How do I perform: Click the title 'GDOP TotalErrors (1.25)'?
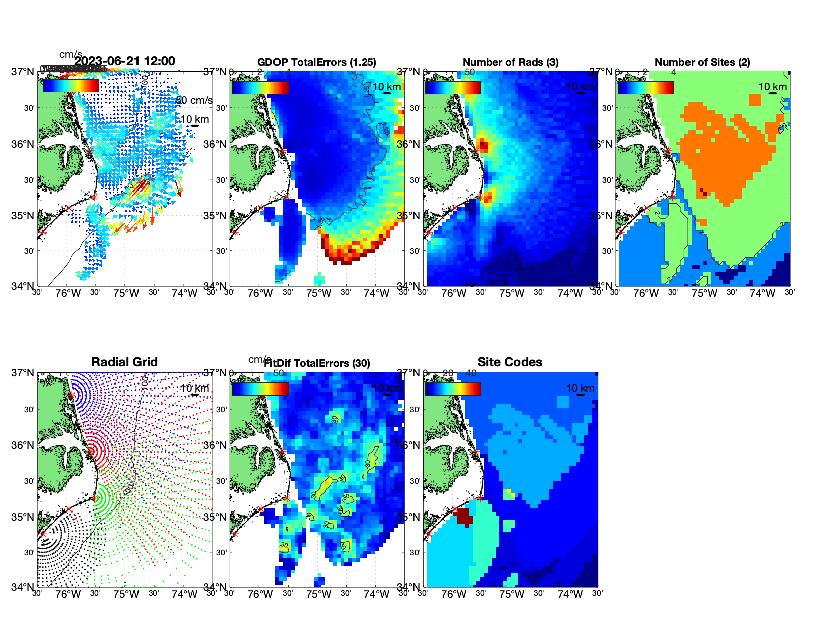click(317, 62)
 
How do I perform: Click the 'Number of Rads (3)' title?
click(510, 62)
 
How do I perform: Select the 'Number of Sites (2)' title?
click(702, 62)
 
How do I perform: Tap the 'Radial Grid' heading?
click(124, 362)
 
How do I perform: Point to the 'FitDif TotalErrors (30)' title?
click(317, 363)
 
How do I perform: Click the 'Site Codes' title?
click(510, 362)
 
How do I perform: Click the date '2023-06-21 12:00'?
click(125, 61)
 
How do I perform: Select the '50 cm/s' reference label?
click(194, 100)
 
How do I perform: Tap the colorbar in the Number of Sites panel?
click(646, 87)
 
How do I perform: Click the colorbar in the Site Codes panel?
click(453, 389)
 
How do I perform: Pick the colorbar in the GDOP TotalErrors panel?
click(260, 87)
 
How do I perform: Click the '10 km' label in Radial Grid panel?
click(195, 388)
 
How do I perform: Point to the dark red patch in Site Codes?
click(464, 517)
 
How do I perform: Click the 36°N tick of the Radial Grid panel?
click(23, 445)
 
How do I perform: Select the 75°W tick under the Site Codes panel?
click(512, 595)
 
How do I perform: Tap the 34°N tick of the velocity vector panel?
click(23, 286)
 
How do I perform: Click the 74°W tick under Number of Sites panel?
click(762, 294)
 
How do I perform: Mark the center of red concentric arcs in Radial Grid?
click(93, 451)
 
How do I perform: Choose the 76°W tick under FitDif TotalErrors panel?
click(260, 595)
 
